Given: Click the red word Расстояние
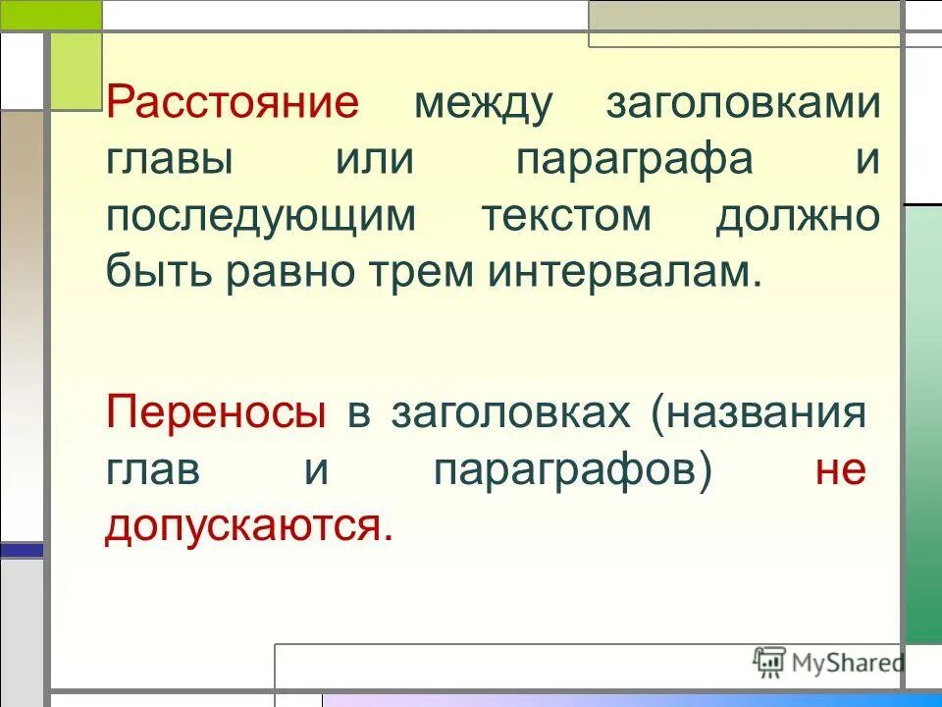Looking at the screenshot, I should [234, 103].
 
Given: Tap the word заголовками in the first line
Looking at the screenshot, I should [743, 103].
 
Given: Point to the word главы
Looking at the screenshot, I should [170, 160].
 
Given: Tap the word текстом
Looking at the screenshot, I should [566, 217].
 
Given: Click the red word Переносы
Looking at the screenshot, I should [216, 413].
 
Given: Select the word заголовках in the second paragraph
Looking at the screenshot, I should [510, 413].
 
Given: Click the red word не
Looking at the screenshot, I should [841, 470].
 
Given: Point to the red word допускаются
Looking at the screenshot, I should [249, 527].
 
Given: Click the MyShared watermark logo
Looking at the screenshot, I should [828, 662].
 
